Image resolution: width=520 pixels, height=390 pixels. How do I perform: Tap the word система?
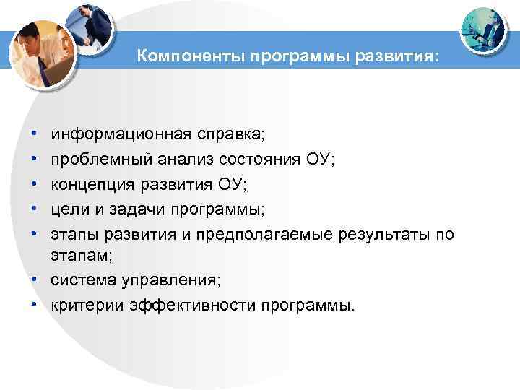79,279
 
